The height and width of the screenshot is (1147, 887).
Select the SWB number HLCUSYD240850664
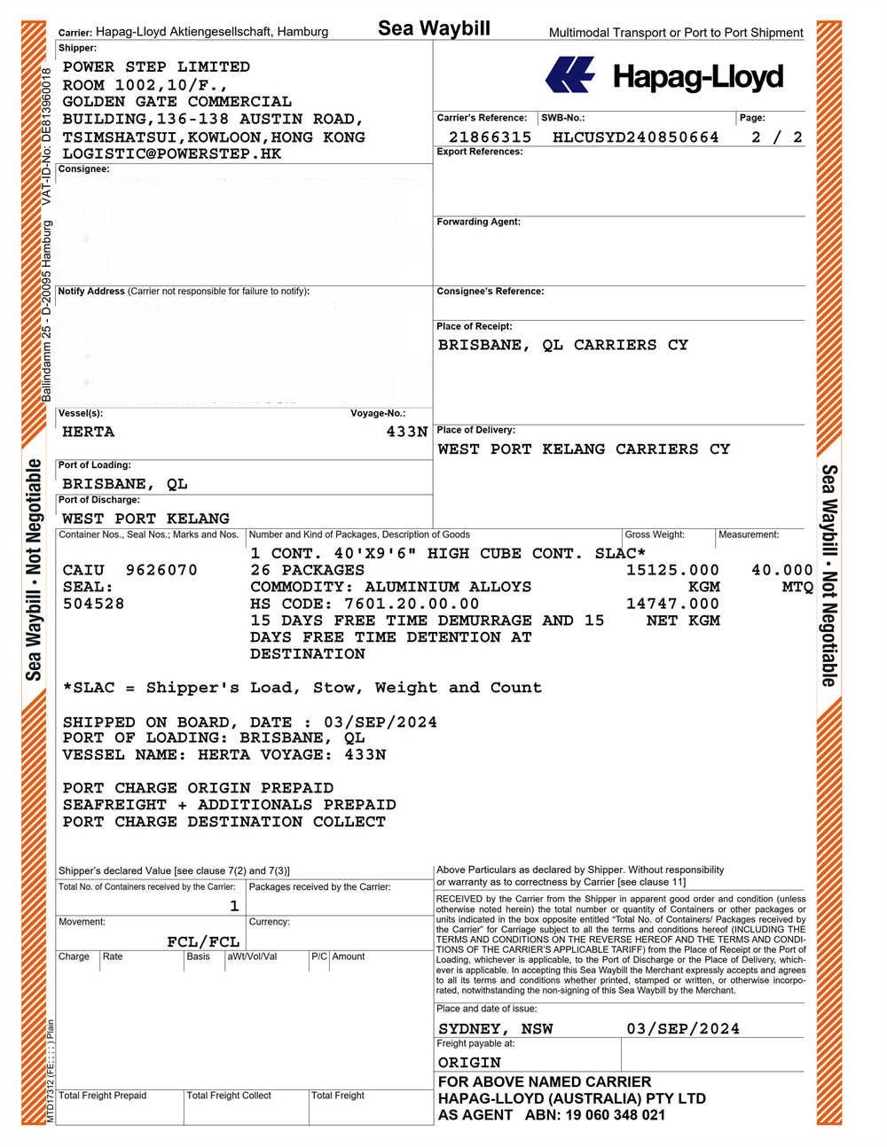click(635, 137)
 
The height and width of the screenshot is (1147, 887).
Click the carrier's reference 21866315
click(490, 137)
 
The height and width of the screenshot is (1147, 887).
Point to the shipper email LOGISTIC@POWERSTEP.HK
click(172, 153)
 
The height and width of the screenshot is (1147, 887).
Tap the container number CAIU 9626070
click(130, 570)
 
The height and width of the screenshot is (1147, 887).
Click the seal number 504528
click(93, 604)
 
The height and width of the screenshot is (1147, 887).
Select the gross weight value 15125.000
click(672, 570)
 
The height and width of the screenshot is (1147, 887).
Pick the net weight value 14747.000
click(672, 604)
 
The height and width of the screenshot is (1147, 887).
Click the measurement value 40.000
click(781, 570)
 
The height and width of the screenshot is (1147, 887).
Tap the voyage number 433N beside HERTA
click(406, 432)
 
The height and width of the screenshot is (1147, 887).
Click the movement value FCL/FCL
click(203, 941)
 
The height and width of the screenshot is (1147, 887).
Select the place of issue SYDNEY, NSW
click(495, 1028)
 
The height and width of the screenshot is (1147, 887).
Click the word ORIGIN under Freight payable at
click(469, 1062)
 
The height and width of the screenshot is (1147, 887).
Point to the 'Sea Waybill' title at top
click(434, 28)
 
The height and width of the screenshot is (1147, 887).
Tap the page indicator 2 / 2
click(776, 137)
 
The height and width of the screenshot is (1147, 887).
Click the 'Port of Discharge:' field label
click(94, 500)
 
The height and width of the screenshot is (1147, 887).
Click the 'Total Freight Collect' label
click(229, 1096)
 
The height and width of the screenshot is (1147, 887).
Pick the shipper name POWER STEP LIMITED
click(156, 66)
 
